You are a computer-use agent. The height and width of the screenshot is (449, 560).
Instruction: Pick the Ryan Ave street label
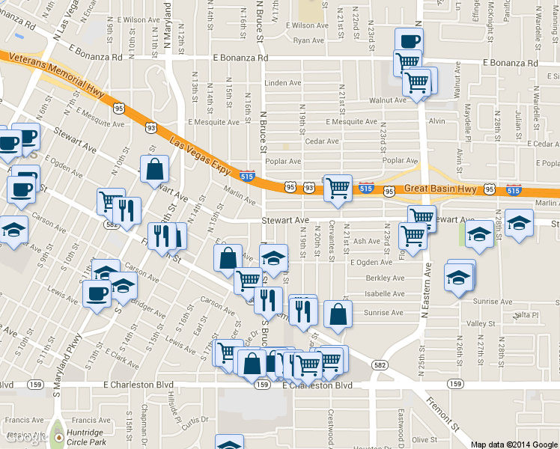(x=308, y=40)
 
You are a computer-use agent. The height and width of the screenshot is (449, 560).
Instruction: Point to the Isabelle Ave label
(x=384, y=295)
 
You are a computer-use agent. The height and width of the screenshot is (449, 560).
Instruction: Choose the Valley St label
(x=477, y=323)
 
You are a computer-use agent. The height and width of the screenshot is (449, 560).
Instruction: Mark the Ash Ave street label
(x=367, y=241)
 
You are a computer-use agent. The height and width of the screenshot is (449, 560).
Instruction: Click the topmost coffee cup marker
(x=409, y=40)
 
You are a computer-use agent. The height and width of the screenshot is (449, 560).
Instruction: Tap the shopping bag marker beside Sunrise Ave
(x=338, y=314)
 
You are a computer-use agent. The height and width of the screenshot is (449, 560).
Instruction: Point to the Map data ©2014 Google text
(x=514, y=444)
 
